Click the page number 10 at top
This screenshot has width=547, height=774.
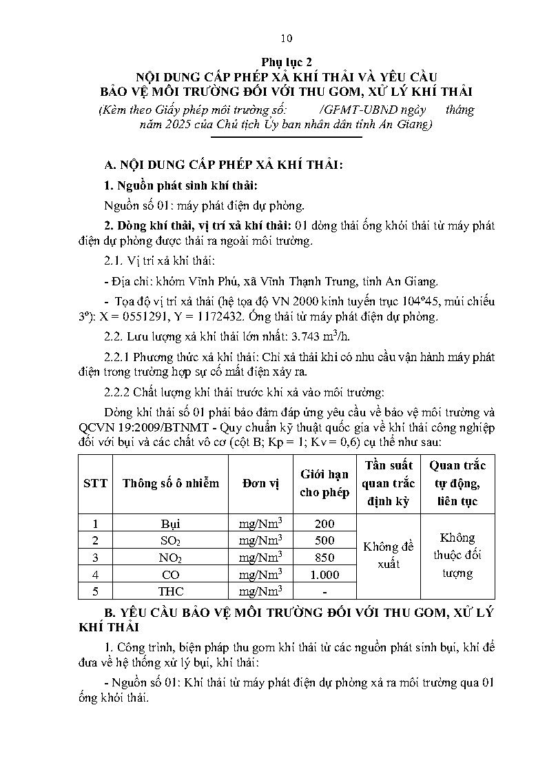coord(287,38)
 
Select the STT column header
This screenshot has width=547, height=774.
coord(95,483)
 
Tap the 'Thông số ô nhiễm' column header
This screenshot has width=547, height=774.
coord(171,483)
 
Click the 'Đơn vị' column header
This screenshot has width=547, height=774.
coord(260,483)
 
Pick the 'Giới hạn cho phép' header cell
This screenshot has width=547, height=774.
coord(324,483)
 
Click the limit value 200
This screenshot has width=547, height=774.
coord(324,524)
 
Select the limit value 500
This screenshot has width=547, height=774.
coord(324,540)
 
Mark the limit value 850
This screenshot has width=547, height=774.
coord(324,558)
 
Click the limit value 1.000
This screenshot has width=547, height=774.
coord(324,574)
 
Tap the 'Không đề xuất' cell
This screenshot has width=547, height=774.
coord(389,556)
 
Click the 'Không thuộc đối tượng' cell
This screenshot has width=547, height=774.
coord(457,556)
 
